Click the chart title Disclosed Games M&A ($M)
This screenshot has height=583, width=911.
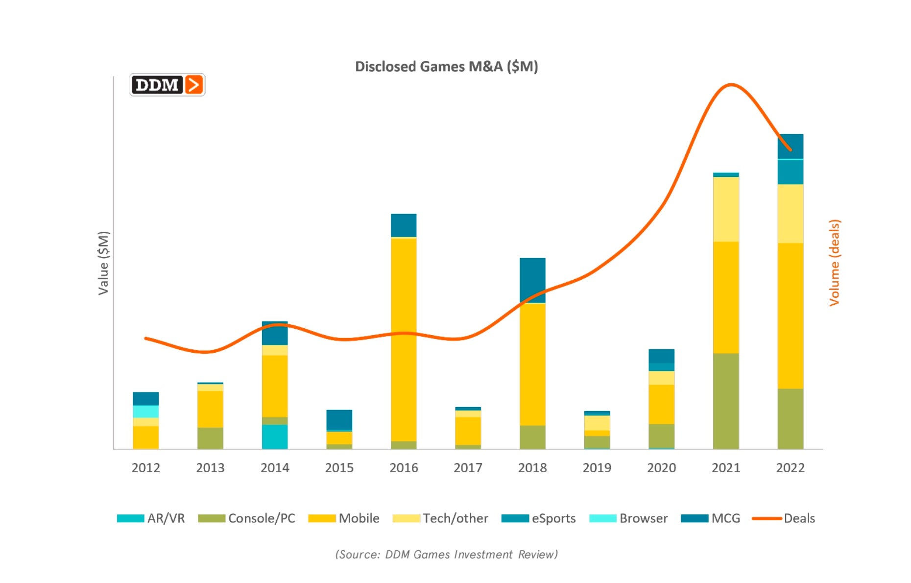coord(446,66)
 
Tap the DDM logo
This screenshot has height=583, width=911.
coord(167,85)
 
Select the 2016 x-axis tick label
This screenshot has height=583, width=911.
coord(404,467)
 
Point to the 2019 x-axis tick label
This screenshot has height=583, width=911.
coord(597,467)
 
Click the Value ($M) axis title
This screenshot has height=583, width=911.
coord(103,263)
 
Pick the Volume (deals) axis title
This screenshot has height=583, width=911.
coord(834,263)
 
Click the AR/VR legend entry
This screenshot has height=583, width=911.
coord(151,518)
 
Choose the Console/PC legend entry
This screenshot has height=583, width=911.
coord(246,518)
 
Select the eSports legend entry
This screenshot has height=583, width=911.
coord(538,518)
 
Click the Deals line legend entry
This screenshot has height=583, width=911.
coord(784,518)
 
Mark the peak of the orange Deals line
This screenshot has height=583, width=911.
coord(730,85)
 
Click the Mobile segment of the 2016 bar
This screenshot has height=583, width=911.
coord(404,338)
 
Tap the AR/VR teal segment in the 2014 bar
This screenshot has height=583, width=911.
coord(275,437)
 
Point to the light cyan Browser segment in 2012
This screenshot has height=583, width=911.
coord(146,412)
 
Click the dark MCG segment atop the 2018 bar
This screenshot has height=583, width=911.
coord(532,280)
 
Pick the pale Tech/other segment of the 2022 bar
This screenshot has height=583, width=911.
coord(791,214)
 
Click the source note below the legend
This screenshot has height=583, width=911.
coord(446,554)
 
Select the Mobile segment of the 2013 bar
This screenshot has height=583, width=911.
coord(210,409)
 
